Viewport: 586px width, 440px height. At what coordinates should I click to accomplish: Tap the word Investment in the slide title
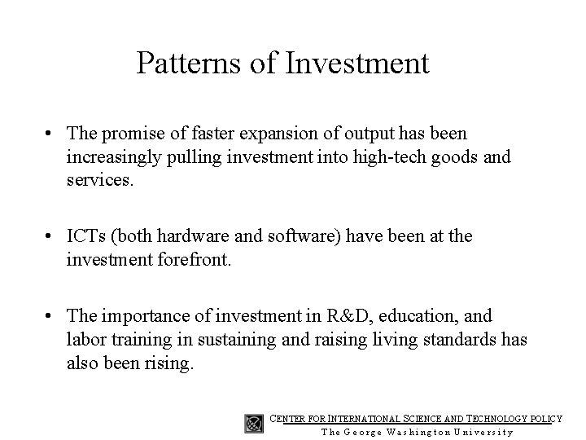coord(357,63)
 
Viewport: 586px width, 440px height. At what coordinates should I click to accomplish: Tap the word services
coord(98,179)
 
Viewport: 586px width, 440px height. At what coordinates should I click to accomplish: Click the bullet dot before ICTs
coord(50,237)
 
